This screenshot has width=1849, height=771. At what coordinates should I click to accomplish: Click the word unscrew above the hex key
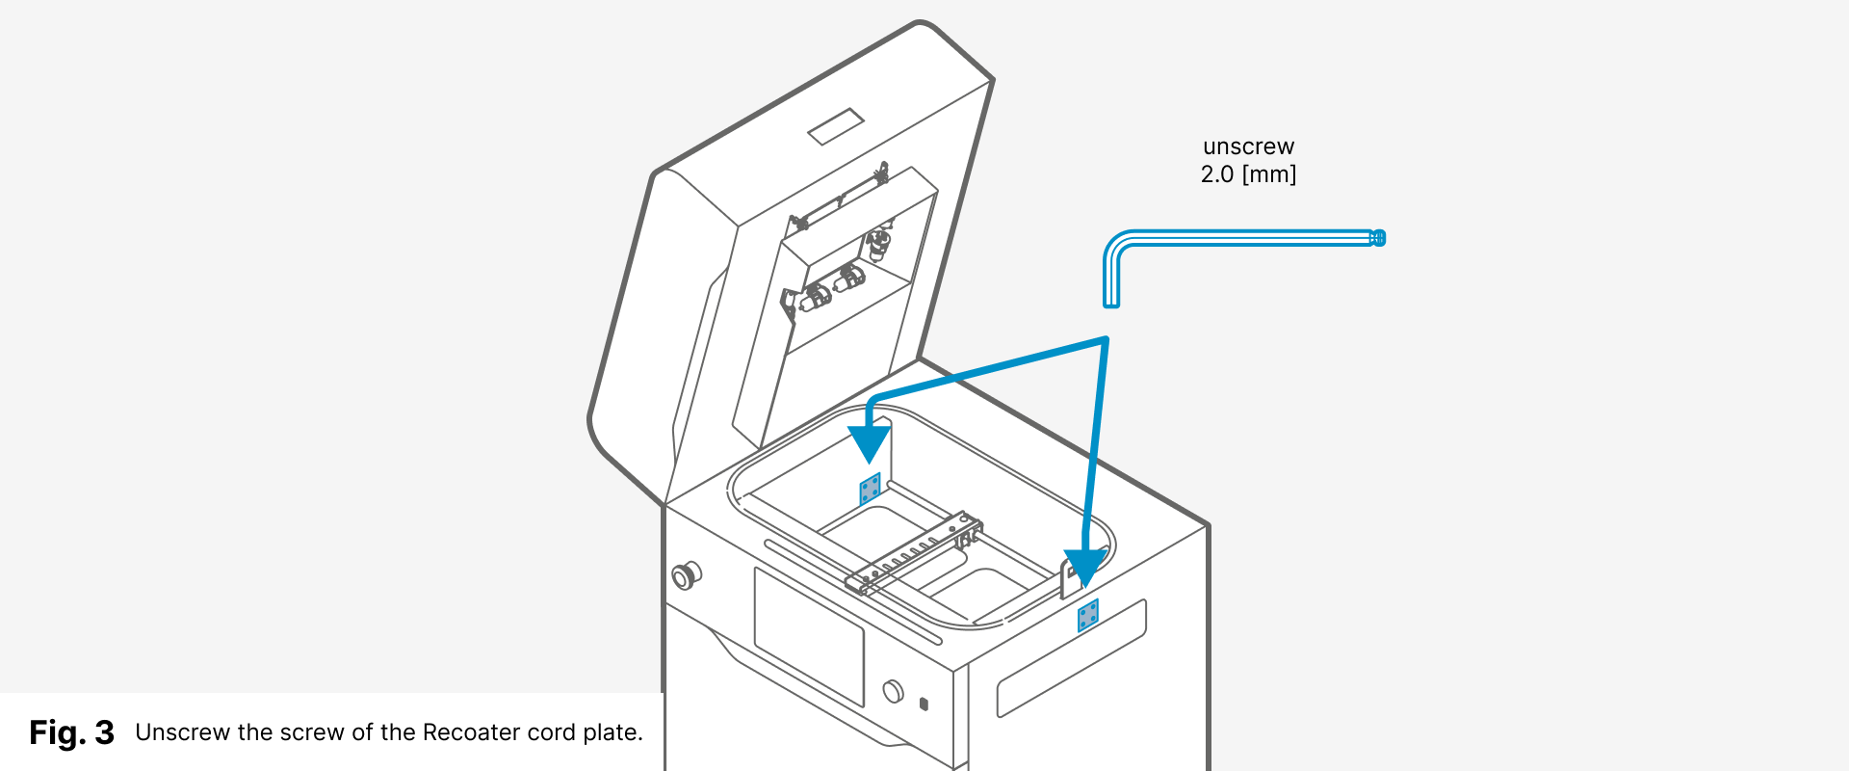tap(1248, 146)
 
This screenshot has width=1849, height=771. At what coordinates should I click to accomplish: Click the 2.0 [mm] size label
tap(1248, 174)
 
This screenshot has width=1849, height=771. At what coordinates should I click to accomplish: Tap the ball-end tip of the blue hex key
tap(1378, 238)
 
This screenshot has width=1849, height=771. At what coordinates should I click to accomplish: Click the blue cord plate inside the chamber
tap(870, 489)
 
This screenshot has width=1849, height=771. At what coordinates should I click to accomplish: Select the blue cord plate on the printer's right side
tap(1088, 615)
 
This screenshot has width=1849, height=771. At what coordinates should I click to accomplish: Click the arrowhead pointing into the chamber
tap(869, 442)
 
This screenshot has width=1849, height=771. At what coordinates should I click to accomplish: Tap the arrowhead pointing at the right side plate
tap(1085, 567)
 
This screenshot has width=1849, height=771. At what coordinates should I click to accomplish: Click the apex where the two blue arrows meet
tap(1106, 339)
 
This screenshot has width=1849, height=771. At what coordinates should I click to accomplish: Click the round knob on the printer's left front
tap(685, 576)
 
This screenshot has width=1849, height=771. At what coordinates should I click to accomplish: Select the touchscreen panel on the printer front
tap(808, 636)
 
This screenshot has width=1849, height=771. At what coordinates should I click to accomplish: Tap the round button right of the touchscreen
tap(893, 691)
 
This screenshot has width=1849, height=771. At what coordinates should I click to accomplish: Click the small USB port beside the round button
tap(924, 704)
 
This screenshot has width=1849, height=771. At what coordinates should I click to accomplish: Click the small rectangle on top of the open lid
tap(835, 126)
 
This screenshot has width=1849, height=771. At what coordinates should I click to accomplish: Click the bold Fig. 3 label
tap(71, 732)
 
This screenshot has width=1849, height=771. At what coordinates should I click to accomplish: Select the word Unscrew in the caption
tap(182, 732)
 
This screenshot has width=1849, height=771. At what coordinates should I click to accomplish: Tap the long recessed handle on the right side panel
tap(1071, 658)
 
